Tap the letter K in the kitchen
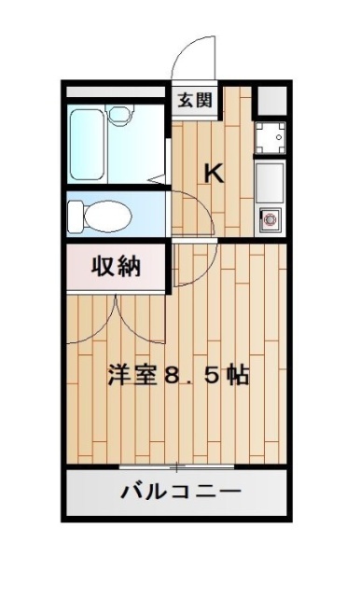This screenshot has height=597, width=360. tap(214, 173)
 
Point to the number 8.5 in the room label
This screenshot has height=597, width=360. tap(193, 377)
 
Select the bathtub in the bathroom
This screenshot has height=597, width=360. tap(89, 145)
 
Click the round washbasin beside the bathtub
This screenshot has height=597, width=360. tap(120, 116)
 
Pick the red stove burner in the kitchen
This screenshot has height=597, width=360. tap(270, 219)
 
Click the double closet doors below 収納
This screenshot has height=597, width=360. tap(116, 317)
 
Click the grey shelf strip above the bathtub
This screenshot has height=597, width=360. tap(116, 93)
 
